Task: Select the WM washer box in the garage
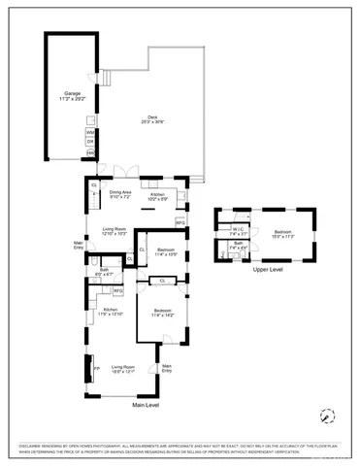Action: pyautogui.click(x=90, y=131)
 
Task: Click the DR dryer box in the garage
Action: pyautogui.click(x=90, y=142)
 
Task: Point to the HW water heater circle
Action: pyautogui.click(x=90, y=152)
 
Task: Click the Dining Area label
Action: pyautogui.click(x=119, y=194)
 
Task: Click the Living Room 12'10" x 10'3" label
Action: pyautogui.click(x=115, y=232)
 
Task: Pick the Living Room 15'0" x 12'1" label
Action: pyautogui.click(x=122, y=368)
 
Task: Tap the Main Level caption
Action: pyautogui.click(x=146, y=404)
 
